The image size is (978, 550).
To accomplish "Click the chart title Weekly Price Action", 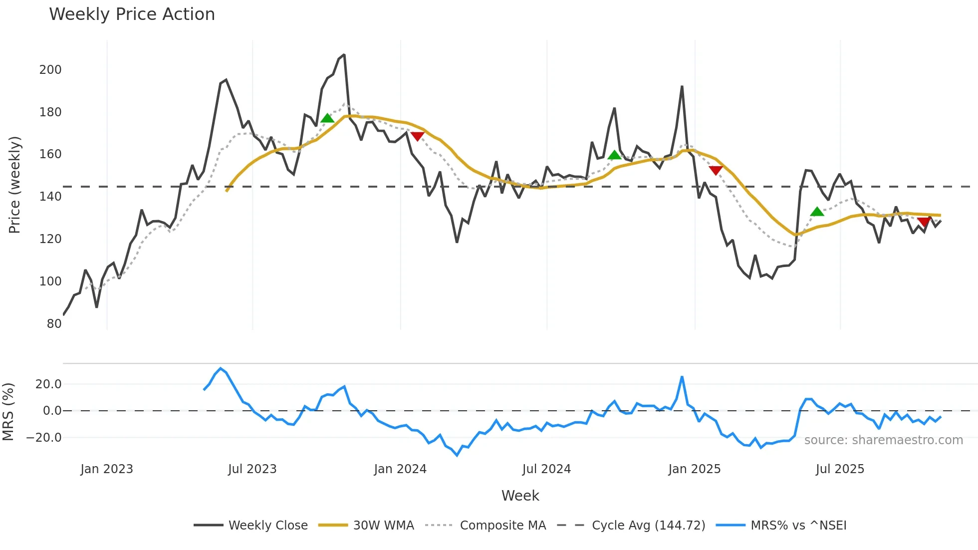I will pos(132,14).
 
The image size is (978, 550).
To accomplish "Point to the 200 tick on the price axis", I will pos(50,70).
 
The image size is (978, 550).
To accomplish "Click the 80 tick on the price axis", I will pos(54,324).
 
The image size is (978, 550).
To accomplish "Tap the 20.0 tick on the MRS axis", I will pos(48,384).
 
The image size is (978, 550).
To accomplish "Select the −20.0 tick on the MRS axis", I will pos(44,438).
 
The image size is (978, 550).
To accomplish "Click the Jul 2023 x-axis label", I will pos(252,469).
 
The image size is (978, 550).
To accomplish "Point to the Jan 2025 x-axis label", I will pos(694,469).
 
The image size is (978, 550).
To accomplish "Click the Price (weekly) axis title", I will pos(14,185).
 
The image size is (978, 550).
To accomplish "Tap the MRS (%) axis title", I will pos(8,412).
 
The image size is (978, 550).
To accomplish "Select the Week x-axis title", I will pos(520,496).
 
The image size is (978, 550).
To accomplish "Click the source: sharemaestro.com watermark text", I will pos(883,440).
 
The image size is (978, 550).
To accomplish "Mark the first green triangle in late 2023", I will pos(327,118).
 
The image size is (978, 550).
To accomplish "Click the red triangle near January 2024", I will pos(417,136).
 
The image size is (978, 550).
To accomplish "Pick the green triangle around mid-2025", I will pos(817,212).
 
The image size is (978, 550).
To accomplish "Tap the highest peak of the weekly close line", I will pos(344,55).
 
